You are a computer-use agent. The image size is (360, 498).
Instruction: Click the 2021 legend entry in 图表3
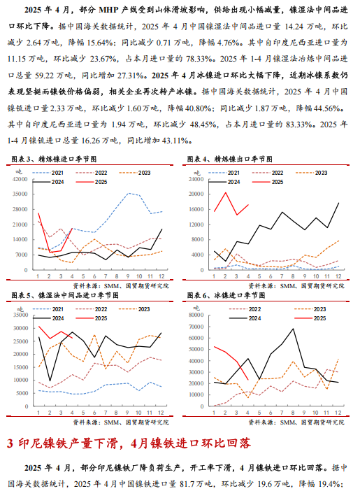click(48, 173)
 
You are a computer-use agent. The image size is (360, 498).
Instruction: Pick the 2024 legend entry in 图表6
click(245, 318)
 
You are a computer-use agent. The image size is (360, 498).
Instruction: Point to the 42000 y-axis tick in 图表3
click(20, 179)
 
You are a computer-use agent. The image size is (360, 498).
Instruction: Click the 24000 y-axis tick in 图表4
click(196, 179)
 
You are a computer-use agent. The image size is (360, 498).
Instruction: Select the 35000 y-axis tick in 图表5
click(21, 315)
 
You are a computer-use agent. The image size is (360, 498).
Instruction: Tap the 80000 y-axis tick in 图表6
click(196, 315)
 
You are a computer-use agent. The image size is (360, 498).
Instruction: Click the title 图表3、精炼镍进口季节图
click(54, 159)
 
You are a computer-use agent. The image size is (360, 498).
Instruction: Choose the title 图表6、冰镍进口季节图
click(226, 295)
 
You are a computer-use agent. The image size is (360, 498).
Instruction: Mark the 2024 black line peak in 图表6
click(293, 329)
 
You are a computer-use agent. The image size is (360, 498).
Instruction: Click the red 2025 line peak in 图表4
click(225, 192)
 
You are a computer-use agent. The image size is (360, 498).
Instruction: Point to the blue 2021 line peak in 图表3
click(128, 193)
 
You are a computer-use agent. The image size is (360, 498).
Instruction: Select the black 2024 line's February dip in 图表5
click(50, 380)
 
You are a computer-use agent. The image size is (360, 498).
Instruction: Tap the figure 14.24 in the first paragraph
click(294, 26)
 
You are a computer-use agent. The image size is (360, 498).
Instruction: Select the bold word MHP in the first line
click(109, 10)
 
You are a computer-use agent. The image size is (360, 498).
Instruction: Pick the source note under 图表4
click(296, 286)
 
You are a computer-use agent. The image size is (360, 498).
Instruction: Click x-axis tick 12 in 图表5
click(161, 413)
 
